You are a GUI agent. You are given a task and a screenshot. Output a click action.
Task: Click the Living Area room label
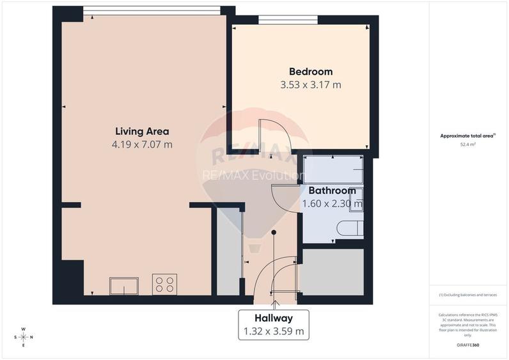coord(141,131)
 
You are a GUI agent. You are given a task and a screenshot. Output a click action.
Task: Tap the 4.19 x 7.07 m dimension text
coord(141,145)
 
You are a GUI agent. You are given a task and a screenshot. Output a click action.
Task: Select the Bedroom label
coord(310,72)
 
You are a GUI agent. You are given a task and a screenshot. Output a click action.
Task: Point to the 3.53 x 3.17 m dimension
coord(310,84)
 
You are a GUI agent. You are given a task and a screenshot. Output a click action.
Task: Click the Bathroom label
coord(332,191)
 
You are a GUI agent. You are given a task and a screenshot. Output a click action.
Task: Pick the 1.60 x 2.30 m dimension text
coord(332,204)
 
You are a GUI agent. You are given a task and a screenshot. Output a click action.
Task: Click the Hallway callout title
coord(273,318)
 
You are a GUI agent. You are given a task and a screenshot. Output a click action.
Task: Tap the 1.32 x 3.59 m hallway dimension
coord(273,331)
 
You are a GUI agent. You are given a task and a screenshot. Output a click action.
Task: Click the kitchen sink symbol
coord(123,285)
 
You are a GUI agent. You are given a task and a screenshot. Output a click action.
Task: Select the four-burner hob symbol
coord(164,284)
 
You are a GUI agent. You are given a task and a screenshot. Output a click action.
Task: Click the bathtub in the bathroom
coord(333,170)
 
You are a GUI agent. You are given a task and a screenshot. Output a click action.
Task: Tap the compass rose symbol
coord(23,337)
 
